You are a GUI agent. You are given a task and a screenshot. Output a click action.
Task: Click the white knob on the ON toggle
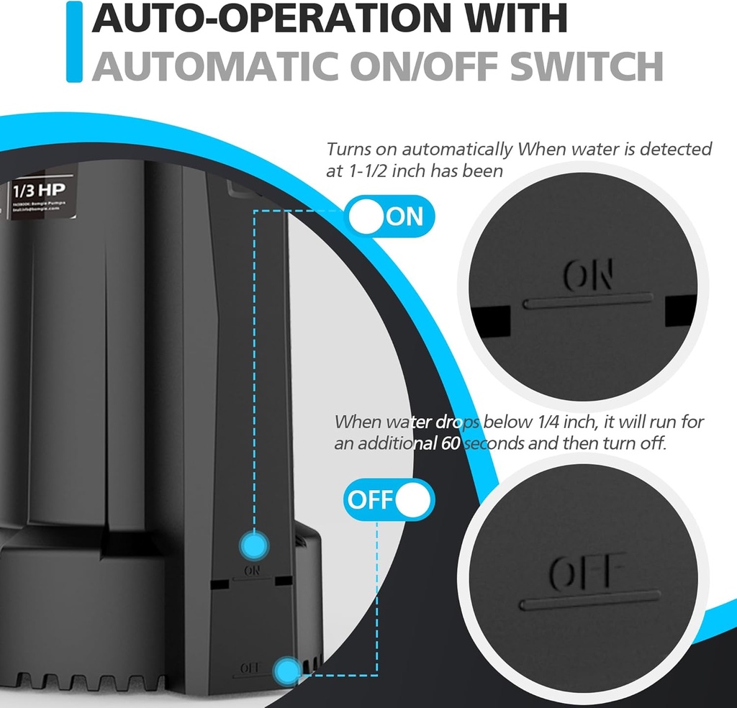tap(368, 217)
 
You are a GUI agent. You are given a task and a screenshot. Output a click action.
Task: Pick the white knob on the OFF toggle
tap(414, 499)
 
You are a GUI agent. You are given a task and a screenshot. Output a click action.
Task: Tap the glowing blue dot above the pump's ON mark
tap(252, 543)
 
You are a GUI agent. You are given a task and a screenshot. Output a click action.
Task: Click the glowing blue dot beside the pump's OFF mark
tap(286, 671)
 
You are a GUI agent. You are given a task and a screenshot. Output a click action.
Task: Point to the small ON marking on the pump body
tap(251, 571)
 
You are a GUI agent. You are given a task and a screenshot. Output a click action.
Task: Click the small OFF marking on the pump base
tap(249, 668)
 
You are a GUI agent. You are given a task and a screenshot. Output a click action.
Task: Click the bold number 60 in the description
tap(448, 443)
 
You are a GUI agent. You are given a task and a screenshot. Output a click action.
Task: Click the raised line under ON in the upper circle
tap(589, 301)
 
